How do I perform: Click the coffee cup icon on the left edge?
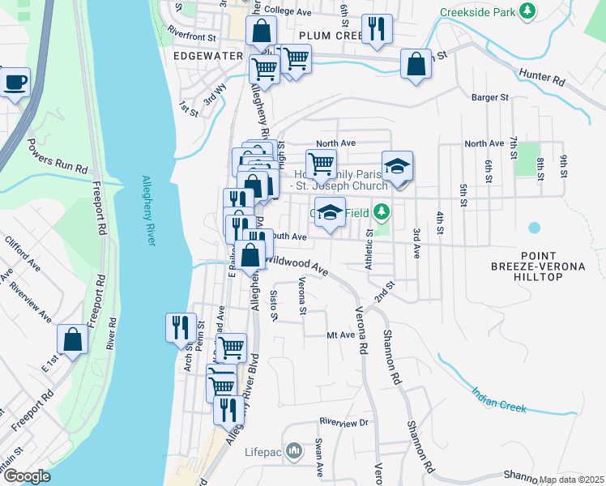(x=15, y=82)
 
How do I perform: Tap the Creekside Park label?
(x=477, y=12)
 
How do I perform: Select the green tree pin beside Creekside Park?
(x=527, y=11)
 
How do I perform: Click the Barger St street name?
(x=489, y=97)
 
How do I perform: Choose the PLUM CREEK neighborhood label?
(x=330, y=36)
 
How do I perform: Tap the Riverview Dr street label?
(x=344, y=422)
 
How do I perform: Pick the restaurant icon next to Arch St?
(x=180, y=327)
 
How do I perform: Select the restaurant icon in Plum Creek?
(x=377, y=29)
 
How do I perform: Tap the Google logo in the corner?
(x=27, y=476)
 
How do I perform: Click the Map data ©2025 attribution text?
(x=570, y=480)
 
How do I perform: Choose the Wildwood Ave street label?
(x=296, y=264)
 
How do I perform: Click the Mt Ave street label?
(x=340, y=335)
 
